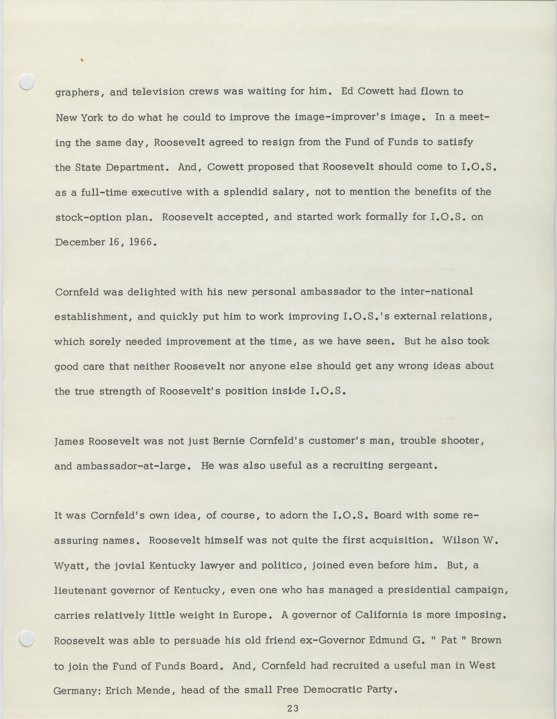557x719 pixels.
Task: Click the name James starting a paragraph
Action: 69,441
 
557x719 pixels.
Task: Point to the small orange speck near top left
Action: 81,60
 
